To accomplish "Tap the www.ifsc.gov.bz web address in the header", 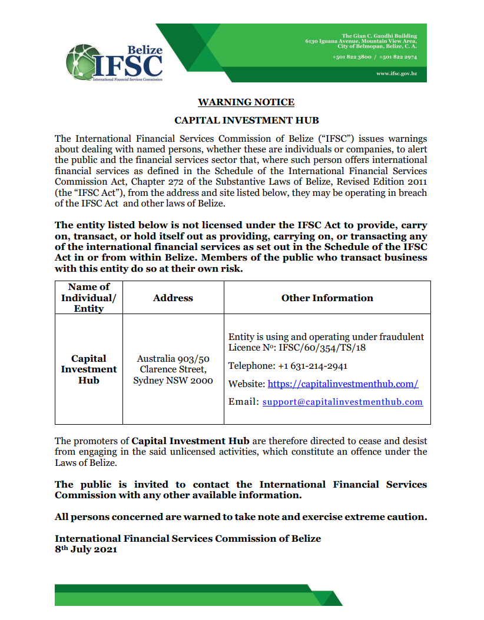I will tap(397, 74).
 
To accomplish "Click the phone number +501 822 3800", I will tap(352, 57).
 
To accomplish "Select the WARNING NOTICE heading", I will tap(246, 102).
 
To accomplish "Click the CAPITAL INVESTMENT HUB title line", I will tap(246, 120).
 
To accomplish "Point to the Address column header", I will tap(173, 298).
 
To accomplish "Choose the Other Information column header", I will tap(327, 298).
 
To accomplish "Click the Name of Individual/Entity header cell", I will tap(88, 298).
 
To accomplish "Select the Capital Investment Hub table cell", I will tap(88, 369).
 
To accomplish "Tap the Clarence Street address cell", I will tap(173, 369).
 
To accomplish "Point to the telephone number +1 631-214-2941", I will tap(312, 366).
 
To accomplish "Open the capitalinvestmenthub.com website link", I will tap(343, 384).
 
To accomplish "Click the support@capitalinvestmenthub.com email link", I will tap(342, 402).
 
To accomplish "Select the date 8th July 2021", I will tap(86, 549).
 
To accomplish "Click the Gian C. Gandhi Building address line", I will tap(379, 36).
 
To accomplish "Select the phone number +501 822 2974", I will tap(398, 57).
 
